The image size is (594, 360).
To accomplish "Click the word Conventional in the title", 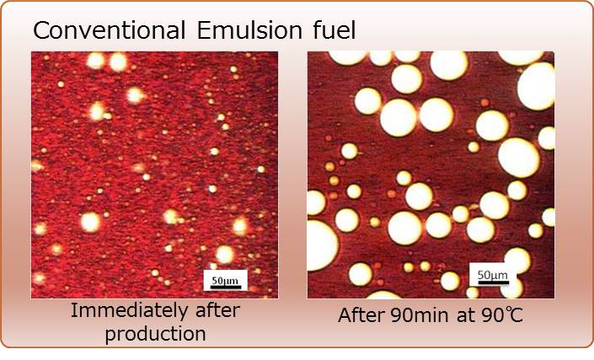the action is (109, 30).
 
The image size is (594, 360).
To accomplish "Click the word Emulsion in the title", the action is (249, 30).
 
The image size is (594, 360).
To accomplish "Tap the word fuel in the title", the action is (334, 30).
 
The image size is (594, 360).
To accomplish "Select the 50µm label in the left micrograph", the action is (225, 281).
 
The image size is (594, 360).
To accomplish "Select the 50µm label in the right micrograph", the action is (493, 275).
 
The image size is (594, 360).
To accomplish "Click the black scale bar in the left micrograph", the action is (226, 287).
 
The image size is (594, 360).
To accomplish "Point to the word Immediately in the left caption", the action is (130, 310).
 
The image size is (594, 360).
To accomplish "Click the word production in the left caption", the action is (155, 334).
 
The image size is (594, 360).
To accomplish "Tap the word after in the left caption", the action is (217, 310).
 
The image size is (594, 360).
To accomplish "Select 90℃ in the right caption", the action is (502, 315).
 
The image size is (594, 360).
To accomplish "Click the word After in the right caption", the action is (361, 315).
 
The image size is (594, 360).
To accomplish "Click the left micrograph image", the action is (154, 175).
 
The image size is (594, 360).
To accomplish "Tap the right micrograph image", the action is (431, 175).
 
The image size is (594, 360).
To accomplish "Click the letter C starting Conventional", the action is (41, 30).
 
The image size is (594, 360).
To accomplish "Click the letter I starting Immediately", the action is (73, 310).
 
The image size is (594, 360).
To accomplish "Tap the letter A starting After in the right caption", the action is (345, 315).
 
